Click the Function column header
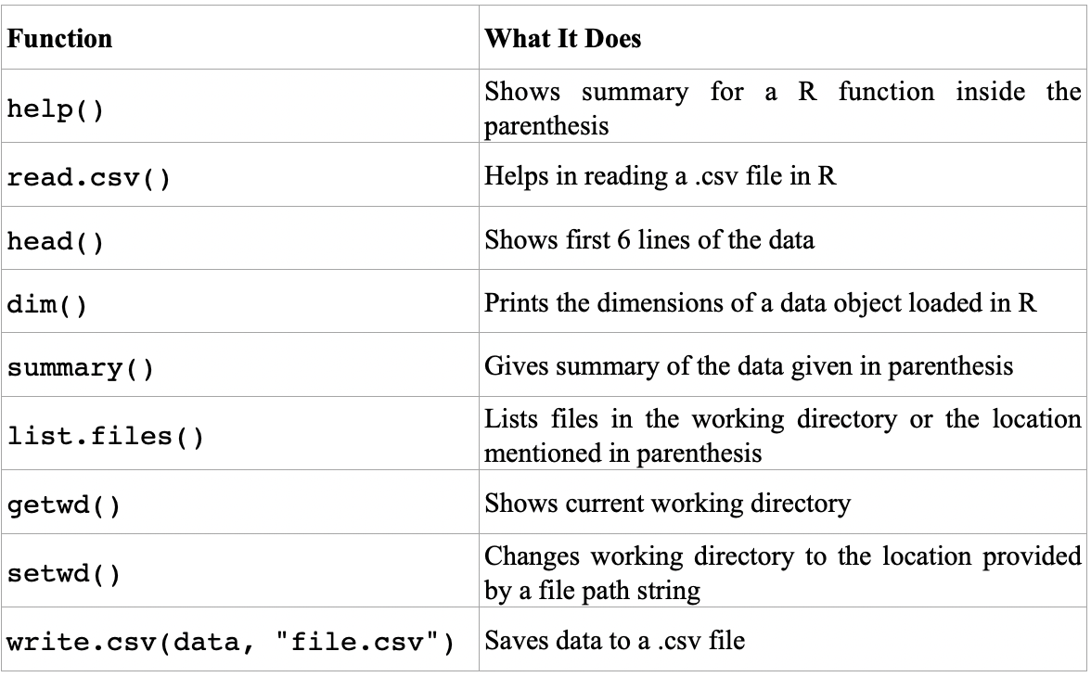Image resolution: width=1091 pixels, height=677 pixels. [60, 40]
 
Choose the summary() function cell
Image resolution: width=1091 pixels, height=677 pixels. [81, 368]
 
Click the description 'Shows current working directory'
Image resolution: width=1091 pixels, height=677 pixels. [668, 504]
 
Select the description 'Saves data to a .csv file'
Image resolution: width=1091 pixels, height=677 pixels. [615, 639]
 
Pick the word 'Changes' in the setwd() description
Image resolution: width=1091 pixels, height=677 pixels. [525, 556]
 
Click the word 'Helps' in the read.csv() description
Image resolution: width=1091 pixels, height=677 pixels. [510, 176]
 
